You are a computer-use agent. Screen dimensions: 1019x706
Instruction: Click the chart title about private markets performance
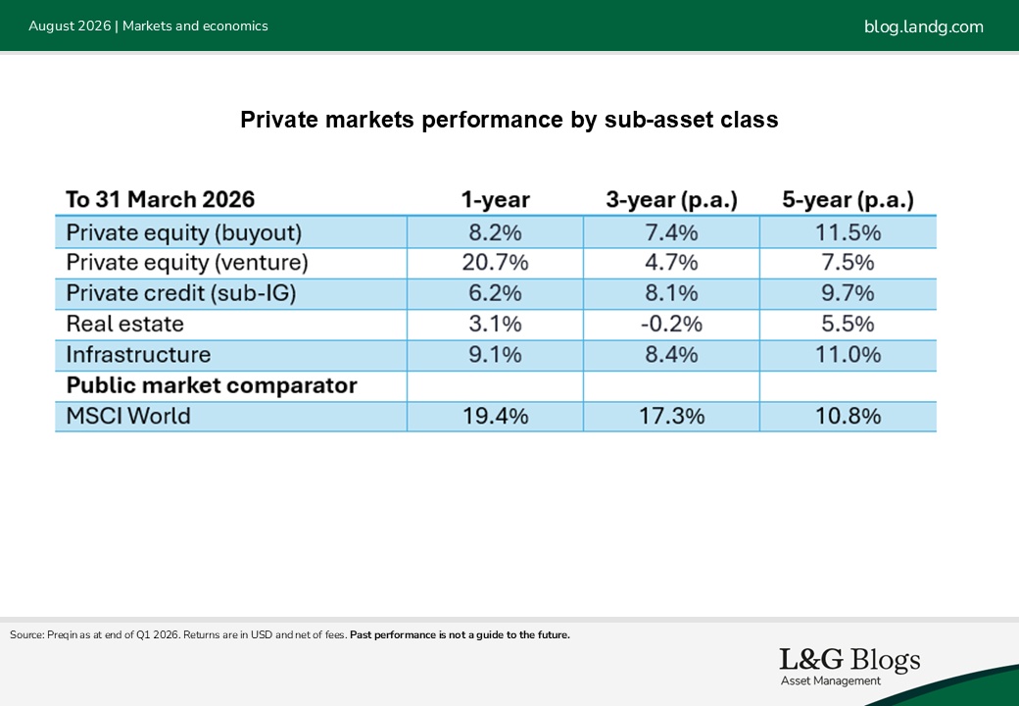pos(509,120)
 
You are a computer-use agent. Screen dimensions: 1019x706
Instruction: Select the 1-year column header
pos(495,200)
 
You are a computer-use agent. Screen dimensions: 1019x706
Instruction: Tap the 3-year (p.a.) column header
pos(671,200)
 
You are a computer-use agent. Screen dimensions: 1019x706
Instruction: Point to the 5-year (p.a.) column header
pos(849,200)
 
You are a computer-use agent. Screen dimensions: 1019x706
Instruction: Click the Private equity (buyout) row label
pos(184,232)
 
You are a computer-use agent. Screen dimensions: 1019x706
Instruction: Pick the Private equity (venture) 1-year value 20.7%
pos(495,262)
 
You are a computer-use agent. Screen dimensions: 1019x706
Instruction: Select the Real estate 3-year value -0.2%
pos(671,324)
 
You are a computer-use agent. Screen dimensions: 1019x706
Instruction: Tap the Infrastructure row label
pos(138,354)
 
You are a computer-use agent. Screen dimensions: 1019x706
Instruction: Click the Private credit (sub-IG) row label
pos(181,293)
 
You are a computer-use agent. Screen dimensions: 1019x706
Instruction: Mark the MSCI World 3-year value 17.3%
pos(671,416)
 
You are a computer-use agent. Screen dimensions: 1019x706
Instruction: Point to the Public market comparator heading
pos(212,385)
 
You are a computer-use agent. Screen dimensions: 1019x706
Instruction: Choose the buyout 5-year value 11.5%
pos(849,232)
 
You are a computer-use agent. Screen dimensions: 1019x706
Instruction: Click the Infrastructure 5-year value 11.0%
pos(849,354)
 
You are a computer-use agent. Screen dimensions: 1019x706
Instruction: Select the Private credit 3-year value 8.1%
pos(671,293)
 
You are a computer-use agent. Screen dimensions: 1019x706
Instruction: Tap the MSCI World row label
pos(128,416)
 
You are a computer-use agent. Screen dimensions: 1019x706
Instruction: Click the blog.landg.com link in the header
pos(923,26)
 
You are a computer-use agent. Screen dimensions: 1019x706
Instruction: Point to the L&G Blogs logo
pos(849,667)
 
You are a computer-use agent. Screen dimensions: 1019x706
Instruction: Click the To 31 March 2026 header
pos(161,200)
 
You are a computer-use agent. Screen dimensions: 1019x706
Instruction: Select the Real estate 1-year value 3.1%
pos(495,324)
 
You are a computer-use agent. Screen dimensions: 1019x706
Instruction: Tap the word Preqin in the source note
pos(63,635)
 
